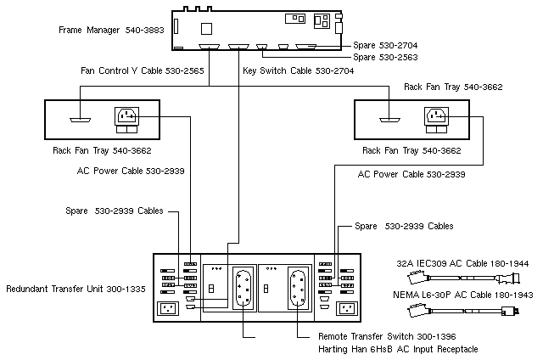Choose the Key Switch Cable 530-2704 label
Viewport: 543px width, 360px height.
[x=298, y=71]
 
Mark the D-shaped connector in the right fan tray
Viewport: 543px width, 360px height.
[x=391, y=119]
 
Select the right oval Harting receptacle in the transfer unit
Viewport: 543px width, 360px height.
[x=298, y=286]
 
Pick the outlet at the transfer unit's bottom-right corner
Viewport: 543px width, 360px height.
[x=345, y=309]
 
